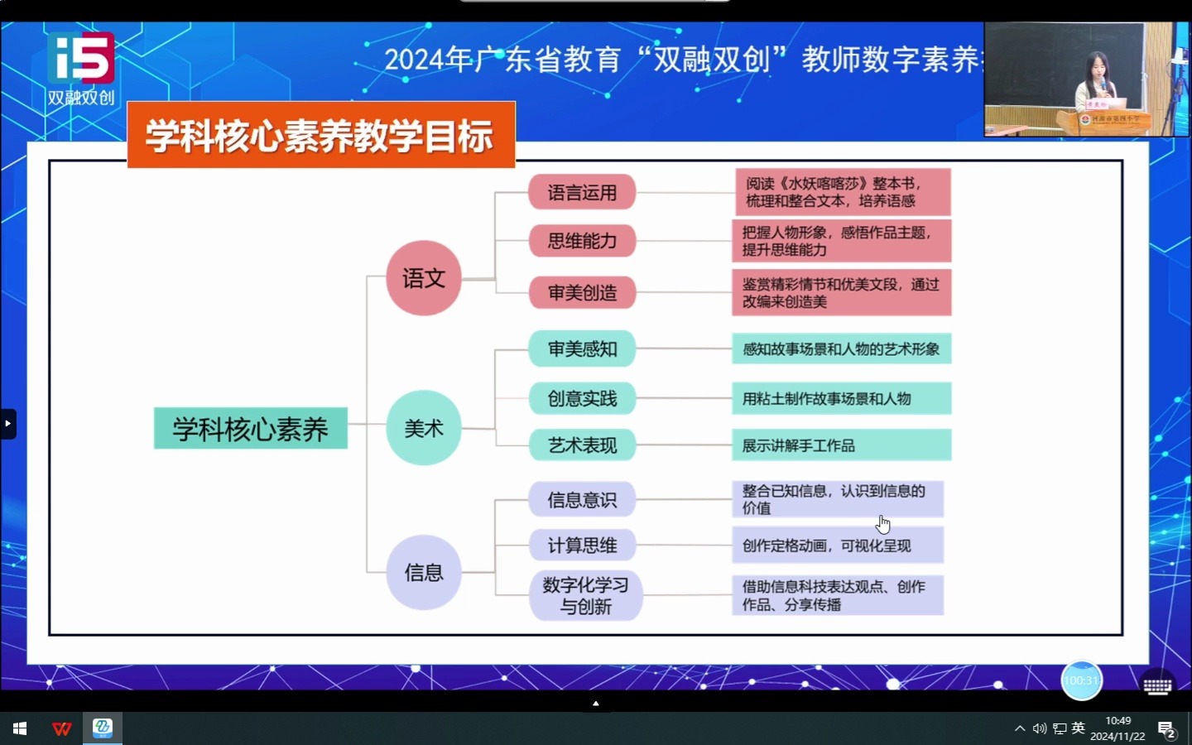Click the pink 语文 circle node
(x=423, y=278)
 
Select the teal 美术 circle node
(x=423, y=428)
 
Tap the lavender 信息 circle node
(x=423, y=572)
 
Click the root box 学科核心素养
(x=250, y=429)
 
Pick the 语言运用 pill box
(x=582, y=193)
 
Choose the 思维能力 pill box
(x=582, y=241)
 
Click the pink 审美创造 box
(x=582, y=292)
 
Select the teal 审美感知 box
(x=582, y=349)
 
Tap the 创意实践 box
(x=582, y=398)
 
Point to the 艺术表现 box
(x=582, y=445)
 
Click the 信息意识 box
(x=582, y=500)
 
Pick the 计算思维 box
(x=582, y=546)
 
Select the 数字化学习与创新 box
(x=585, y=595)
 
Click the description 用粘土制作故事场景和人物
(x=841, y=399)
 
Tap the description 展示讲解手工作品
(x=841, y=445)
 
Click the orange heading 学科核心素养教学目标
(x=321, y=136)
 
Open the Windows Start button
(x=20, y=728)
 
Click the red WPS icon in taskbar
(x=62, y=728)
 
